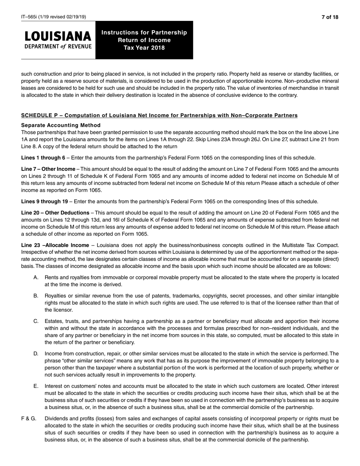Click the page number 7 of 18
(330, 17)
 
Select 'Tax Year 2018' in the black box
(144, 48)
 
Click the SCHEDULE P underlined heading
(159, 115)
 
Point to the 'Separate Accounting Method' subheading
(61, 125)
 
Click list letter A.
(36, 277)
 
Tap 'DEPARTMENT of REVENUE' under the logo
(58, 47)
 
